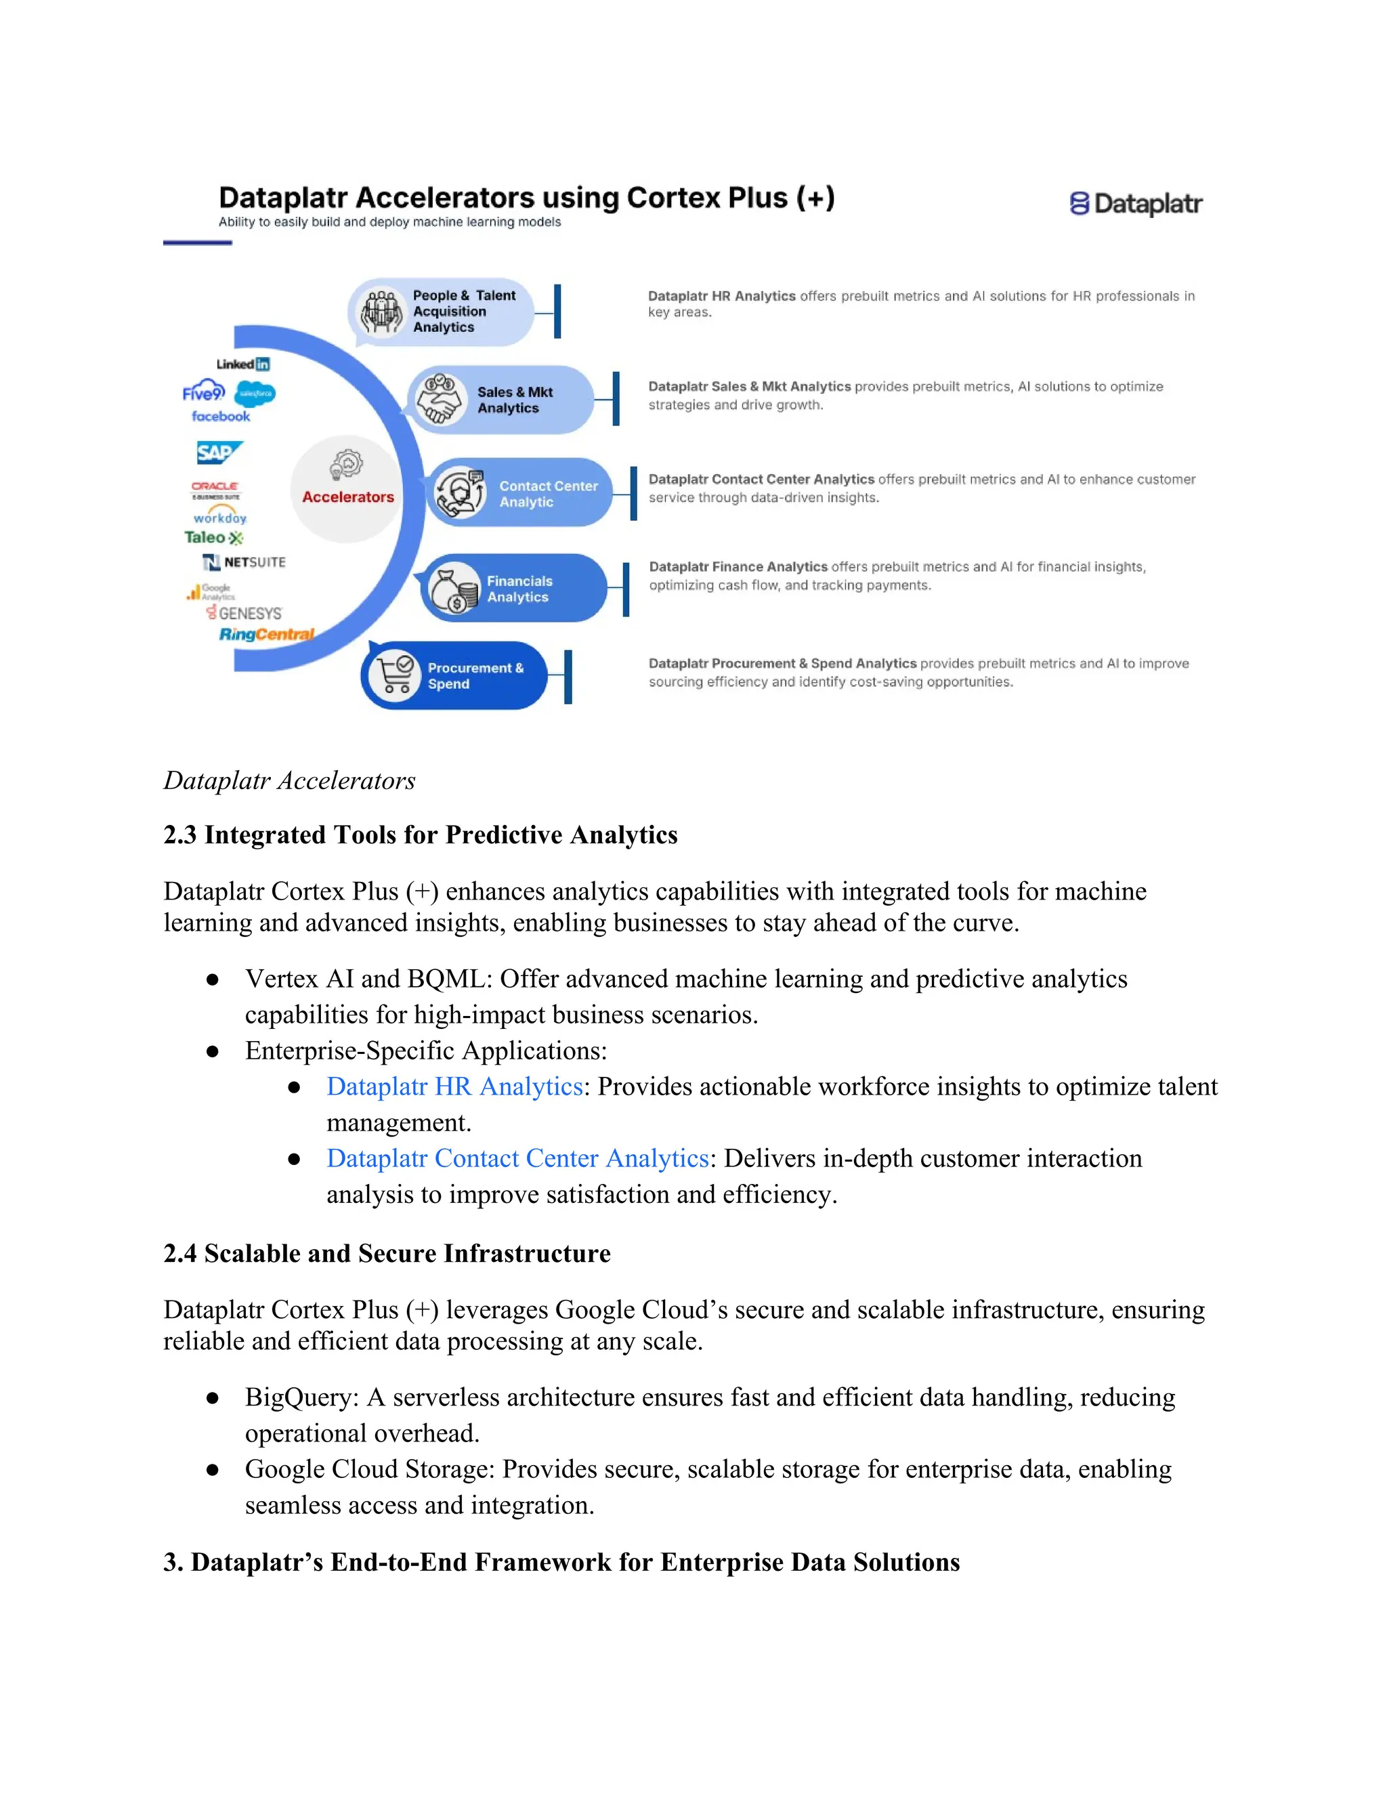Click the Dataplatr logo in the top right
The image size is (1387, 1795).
(1136, 203)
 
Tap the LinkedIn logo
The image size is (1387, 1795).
(243, 364)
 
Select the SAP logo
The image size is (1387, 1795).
(219, 452)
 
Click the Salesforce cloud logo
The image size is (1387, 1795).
(255, 394)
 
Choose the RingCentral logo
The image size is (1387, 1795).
(266, 634)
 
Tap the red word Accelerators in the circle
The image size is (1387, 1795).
(347, 497)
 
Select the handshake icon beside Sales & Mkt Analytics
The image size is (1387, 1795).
(440, 400)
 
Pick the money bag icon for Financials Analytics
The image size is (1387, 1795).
(454, 589)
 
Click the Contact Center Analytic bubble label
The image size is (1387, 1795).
(548, 493)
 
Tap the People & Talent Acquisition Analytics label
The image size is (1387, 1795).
(463, 311)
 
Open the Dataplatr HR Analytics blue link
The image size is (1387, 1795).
(454, 1086)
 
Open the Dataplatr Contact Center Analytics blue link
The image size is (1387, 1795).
(517, 1158)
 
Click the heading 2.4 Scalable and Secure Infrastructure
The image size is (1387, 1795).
(387, 1253)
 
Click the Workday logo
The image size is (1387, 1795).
(219, 517)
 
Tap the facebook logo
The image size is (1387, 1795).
(220, 416)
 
